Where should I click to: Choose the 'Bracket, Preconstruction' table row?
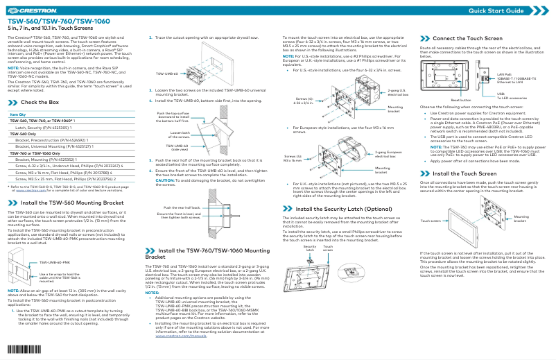[49, 140]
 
